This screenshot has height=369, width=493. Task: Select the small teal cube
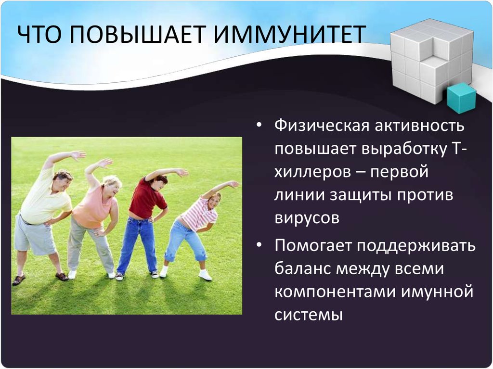[461, 98]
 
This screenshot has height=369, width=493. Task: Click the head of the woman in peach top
[112, 185]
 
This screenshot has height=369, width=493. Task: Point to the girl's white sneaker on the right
[205, 275]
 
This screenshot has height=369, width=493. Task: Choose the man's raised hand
[78, 154]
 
